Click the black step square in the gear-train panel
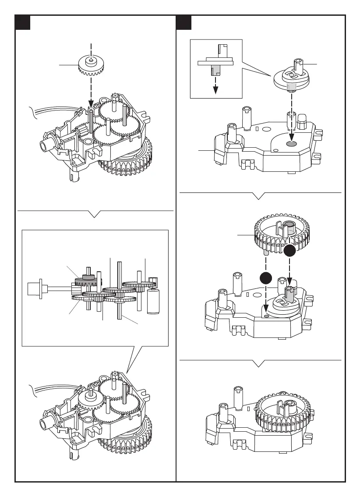(x=22, y=23)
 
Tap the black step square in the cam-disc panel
(x=184, y=23)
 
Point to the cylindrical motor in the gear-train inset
(x=154, y=301)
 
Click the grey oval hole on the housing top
(x=291, y=143)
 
